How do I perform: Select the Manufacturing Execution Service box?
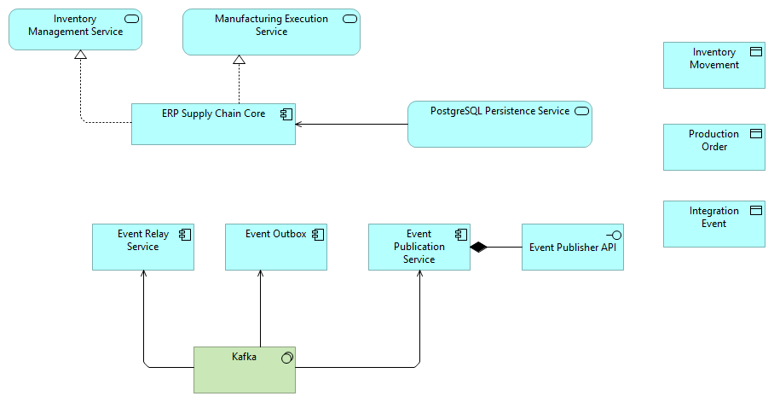tap(271, 32)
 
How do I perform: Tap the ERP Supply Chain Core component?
tap(213, 124)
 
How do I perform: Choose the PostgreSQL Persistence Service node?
tap(499, 125)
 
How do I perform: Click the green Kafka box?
tap(244, 369)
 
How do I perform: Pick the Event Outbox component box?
tap(275, 247)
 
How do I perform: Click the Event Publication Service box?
tap(419, 247)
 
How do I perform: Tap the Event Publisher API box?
tap(572, 247)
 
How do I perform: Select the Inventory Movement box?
tap(713, 65)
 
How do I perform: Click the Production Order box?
tap(713, 147)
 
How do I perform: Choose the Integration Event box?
tap(713, 224)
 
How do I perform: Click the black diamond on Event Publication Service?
tap(478, 248)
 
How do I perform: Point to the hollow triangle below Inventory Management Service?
tap(80, 55)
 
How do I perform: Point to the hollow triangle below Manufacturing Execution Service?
tap(240, 60)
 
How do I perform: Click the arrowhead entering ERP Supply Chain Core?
tap(299, 125)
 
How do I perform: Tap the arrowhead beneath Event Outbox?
tap(260, 274)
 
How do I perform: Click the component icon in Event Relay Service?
tap(183, 234)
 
